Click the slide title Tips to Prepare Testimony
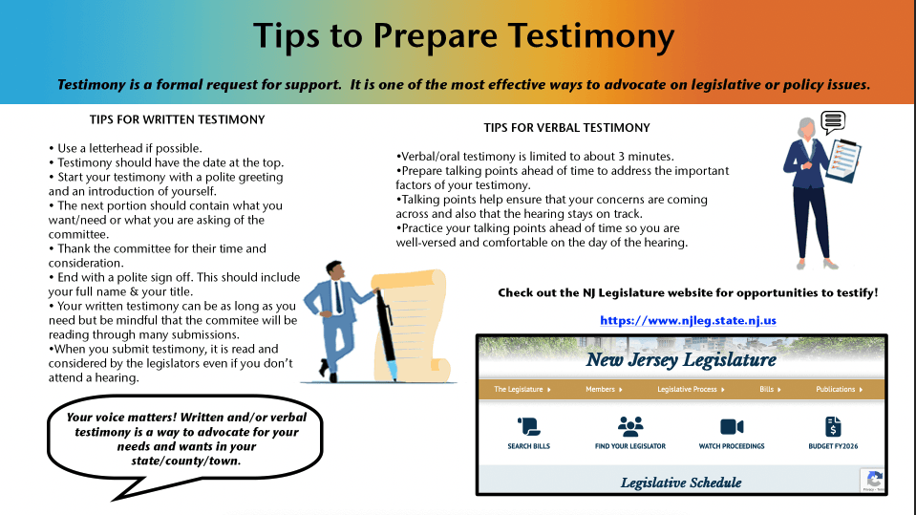point(463,36)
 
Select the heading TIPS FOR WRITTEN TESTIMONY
point(177,119)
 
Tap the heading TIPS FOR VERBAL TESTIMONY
point(566,127)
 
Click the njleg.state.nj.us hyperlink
point(688,320)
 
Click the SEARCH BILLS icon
point(528,426)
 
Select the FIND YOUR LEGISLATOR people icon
point(630,426)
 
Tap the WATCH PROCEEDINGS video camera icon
point(732,426)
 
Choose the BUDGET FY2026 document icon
point(833,426)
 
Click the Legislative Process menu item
point(691,390)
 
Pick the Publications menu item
point(839,390)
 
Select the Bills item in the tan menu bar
point(770,390)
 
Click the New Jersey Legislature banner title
point(681,360)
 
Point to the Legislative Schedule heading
point(681,483)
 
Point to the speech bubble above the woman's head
point(833,121)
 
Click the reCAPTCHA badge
point(873,480)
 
